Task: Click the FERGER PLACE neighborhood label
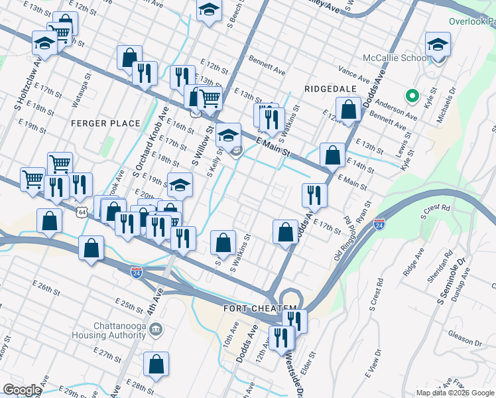point(107,123)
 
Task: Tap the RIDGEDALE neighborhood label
point(330,88)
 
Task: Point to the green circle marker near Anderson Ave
point(412,97)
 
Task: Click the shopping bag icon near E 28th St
point(155,365)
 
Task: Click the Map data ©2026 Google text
point(455,393)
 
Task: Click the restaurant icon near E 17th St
point(313,195)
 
